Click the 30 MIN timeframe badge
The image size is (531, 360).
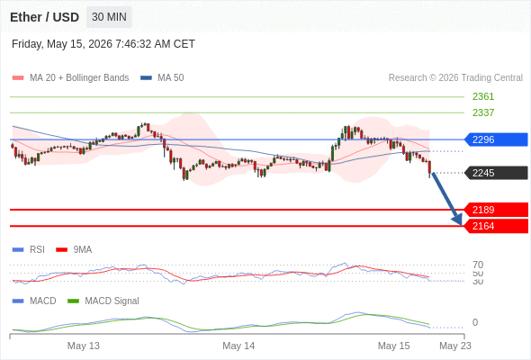109,17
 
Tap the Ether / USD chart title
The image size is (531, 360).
44,17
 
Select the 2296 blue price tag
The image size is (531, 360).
496,139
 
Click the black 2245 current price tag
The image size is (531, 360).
496,173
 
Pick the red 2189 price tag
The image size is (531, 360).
496,210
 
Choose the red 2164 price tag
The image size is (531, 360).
496,226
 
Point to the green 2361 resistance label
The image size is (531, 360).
483,96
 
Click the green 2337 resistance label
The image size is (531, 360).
483,112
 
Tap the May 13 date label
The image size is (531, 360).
84,346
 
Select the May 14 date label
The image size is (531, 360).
238,346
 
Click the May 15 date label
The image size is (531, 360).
393,346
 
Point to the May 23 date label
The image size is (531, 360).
455,346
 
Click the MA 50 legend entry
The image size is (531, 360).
162,78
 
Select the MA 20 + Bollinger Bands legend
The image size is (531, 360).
70,78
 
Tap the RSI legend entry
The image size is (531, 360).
29,249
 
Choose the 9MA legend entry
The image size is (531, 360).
74,249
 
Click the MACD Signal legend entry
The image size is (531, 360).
103,301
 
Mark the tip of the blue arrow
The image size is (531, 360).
461,225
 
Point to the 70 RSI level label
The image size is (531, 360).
478,265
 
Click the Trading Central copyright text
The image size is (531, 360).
455,78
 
